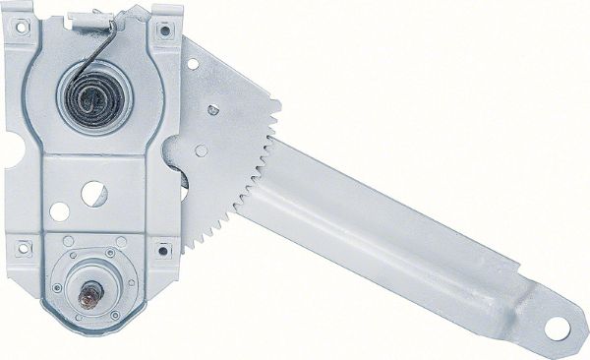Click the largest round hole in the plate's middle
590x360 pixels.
click(93, 193)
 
